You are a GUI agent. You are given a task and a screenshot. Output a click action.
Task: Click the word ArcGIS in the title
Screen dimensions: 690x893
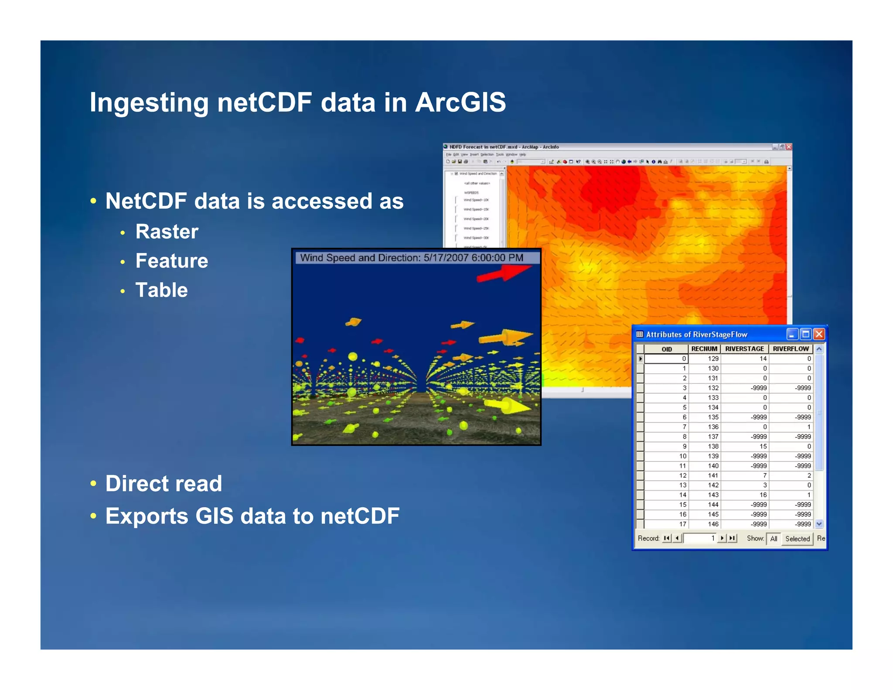(x=460, y=102)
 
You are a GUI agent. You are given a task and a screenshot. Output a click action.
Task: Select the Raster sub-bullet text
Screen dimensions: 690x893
(x=167, y=232)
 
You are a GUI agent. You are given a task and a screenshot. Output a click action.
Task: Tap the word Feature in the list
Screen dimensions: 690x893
(x=171, y=261)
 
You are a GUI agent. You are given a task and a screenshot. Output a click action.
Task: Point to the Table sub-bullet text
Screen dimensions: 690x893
(x=161, y=290)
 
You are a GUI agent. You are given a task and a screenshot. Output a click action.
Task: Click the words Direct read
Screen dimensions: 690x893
(x=164, y=483)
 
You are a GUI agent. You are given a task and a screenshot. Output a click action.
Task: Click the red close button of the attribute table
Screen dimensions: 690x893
(x=819, y=334)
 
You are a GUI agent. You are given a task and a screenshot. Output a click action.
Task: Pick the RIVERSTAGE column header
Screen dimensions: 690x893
(x=744, y=349)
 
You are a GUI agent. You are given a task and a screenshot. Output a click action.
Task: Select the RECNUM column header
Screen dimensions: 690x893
(x=704, y=349)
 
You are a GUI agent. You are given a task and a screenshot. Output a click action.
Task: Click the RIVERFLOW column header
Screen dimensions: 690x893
(x=791, y=349)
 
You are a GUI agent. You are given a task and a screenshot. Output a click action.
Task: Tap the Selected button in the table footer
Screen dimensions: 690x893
(x=797, y=539)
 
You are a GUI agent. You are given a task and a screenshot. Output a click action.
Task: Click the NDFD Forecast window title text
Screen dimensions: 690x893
(x=504, y=147)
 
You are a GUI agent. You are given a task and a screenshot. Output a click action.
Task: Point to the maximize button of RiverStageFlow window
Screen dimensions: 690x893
(x=806, y=334)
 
